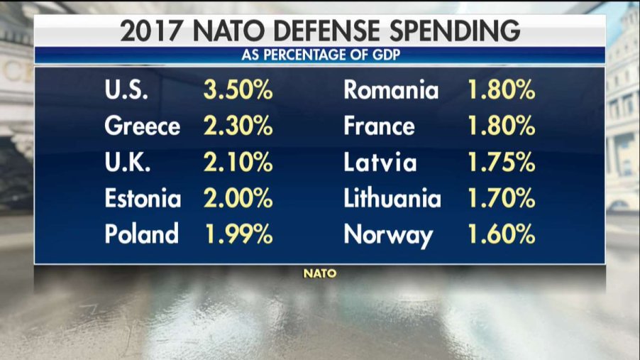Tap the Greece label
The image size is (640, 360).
(142, 127)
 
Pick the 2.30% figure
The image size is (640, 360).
(238, 127)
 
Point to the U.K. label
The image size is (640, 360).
(130, 163)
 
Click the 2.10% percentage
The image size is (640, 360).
(238, 163)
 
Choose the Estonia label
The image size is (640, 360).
(143, 198)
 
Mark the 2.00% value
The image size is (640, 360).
(238, 198)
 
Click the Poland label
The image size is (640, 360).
(141, 234)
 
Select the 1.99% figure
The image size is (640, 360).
(238, 234)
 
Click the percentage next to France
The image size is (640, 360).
(501, 127)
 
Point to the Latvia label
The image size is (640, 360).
(381, 163)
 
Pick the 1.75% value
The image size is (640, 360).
(501, 163)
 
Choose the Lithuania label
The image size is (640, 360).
(392, 198)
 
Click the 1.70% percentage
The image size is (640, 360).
(501, 198)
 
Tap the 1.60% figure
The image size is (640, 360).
(501, 234)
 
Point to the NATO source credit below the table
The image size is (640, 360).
(320, 273)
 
